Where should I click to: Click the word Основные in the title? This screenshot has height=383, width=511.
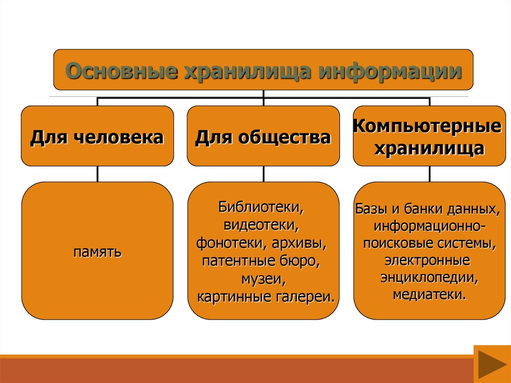click(123, 70)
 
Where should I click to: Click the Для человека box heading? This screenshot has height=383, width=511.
click(97, 137)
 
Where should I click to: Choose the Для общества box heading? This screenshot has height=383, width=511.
click(263, 137)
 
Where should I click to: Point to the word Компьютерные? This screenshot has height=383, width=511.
click(427, 126)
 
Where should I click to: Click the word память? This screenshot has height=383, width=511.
click(97, 251)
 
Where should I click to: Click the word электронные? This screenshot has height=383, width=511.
click(427, 260)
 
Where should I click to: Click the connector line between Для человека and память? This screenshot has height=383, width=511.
click(97, 174)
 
